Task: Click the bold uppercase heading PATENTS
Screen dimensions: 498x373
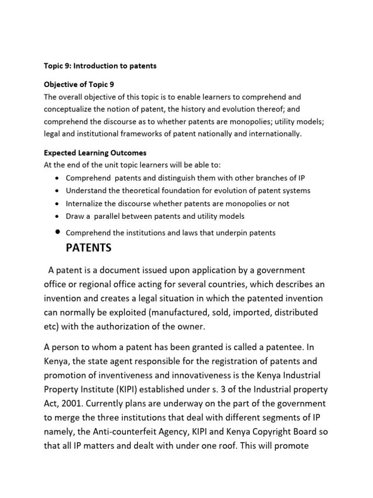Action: click(88, 248)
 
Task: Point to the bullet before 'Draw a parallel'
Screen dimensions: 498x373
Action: click(58, 216)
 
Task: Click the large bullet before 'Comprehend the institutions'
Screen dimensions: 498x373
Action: click(58, 232)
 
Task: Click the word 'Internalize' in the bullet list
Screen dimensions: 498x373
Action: click(85, 203)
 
